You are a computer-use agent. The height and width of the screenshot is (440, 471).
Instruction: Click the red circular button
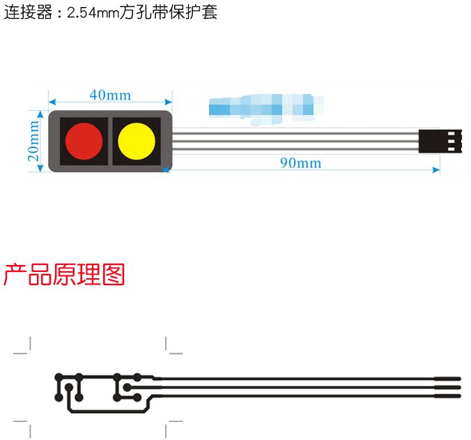pos(84,141)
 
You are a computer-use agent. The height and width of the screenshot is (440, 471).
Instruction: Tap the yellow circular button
pos(136,141)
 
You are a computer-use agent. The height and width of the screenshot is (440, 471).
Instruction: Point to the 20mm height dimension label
pos(33,140)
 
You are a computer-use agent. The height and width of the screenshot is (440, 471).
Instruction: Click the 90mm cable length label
pos(300,162)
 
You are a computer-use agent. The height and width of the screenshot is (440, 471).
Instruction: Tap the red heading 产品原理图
pos(64,275)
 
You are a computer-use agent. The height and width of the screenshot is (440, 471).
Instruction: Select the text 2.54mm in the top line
pos(93,13)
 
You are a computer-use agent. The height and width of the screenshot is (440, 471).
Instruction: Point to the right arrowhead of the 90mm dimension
pos(437,169)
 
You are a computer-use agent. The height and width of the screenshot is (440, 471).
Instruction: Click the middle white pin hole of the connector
pos(453,141)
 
